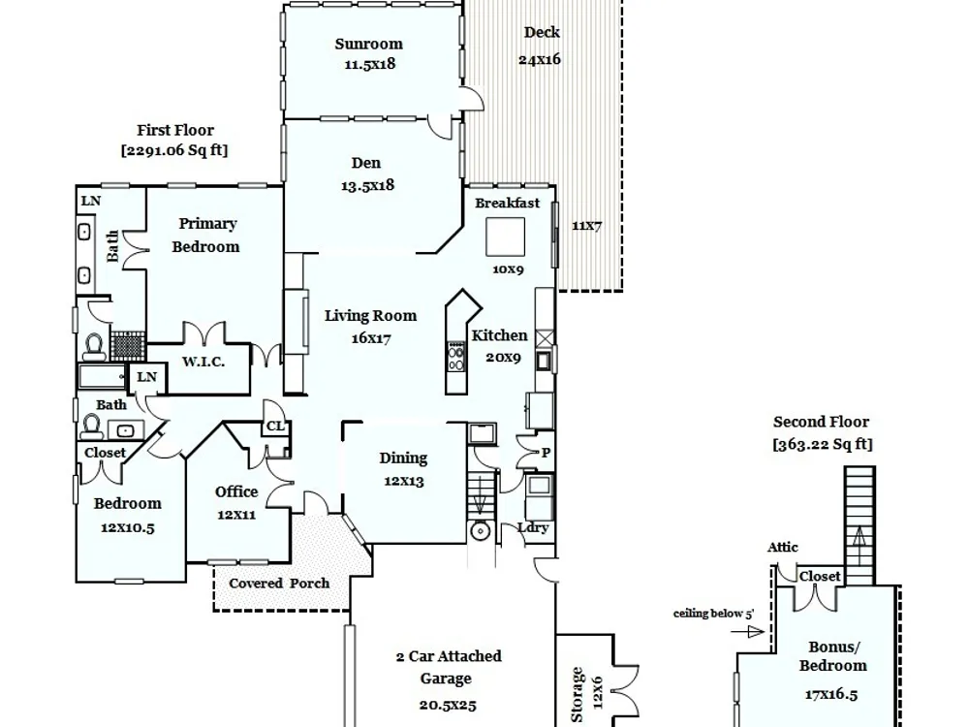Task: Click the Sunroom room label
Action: coord(369,44)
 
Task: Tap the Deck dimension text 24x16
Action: coord(540,59)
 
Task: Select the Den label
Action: coord(366,163)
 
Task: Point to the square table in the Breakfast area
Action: coord(506,237)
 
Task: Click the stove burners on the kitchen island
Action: coord(456,358)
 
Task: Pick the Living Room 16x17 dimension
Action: coord(371,338)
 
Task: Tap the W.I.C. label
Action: coord(203,362)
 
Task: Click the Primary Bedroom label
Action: coord(206,235)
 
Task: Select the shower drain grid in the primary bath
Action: coord(128,346)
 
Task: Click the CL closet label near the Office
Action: coord(275,426)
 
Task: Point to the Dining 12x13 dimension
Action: coord(404,481)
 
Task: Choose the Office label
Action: coord(236,492)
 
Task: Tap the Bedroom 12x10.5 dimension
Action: coord(128,528)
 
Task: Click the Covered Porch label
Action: coord(279,583)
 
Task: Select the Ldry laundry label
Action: coord(533,528)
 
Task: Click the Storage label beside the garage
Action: coord(577,694)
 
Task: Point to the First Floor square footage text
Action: coord(174,150)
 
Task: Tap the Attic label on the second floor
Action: coord(782,547)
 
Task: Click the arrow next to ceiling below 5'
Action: coord(747,632)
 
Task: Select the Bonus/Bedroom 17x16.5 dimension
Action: coord(831,694)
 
